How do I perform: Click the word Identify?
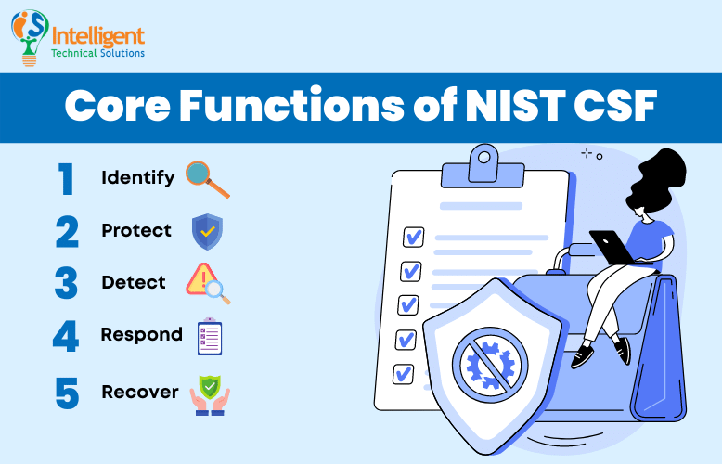click(137, 176)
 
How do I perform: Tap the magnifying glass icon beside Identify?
click(206, 178)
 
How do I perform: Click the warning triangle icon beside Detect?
click(206, 282)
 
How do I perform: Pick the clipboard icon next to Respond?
click(209, 336)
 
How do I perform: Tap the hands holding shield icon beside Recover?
click(208, 393)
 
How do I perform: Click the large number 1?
click(66, 178)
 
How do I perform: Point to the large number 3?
click(66, 283)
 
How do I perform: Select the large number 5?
click(66, 393)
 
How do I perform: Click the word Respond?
click(141, 334)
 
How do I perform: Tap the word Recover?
click(139, 392)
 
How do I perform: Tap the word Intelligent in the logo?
click(99, 35)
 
